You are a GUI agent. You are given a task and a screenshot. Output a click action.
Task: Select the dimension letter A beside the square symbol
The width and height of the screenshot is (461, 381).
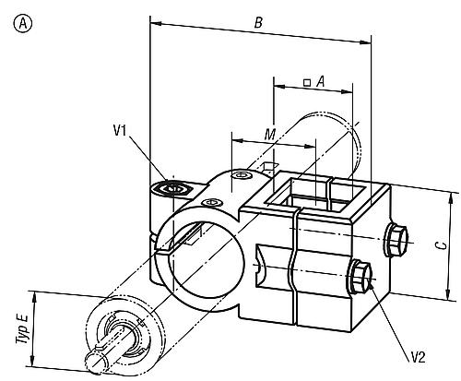coord(319,80)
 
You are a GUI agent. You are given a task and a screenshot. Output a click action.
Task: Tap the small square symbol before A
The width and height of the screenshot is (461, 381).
coord(306,82)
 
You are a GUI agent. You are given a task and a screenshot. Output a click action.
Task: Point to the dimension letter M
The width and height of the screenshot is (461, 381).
coord(269,136)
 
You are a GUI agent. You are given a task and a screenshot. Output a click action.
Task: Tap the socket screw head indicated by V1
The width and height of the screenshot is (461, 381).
coord(171,187)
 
